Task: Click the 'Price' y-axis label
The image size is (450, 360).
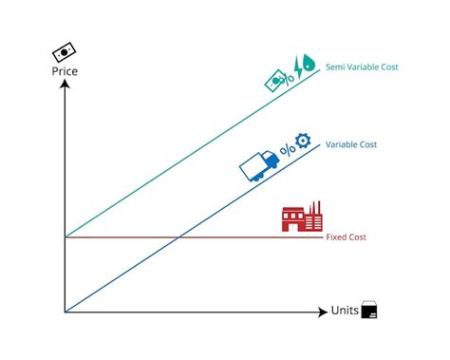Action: [65, 70]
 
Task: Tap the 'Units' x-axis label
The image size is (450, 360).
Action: [345, 311]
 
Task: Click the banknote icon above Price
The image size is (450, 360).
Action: [65, 50]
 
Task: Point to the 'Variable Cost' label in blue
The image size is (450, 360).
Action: [351, 144]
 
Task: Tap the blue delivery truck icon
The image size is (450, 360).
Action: [258, 165]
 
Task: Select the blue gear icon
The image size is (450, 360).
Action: [302, 141]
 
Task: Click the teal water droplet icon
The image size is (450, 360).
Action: [312, 66]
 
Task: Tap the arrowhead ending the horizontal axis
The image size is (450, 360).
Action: [323, 311]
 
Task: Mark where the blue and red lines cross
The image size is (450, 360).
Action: [178, 236]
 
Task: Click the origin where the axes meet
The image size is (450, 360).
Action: [65, 311]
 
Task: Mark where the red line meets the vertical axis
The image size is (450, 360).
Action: [65, 236]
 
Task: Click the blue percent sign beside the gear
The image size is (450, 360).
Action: [286, 149]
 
